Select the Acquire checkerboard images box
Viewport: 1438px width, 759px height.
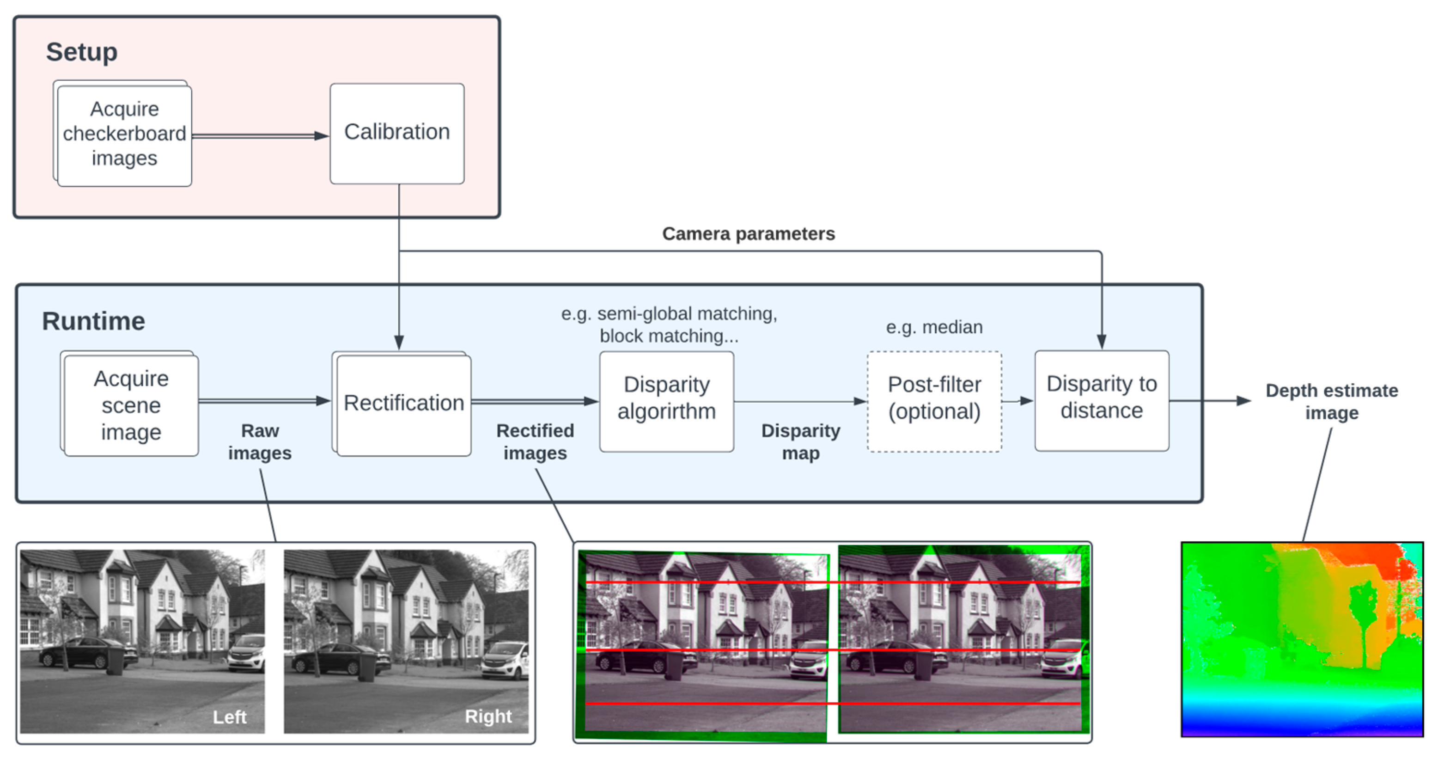[x=124, y=134]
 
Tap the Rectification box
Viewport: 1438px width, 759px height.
[x=403, y=403]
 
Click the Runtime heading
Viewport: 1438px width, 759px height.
[x=93, y=321]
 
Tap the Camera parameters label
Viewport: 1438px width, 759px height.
[x=748, y=233]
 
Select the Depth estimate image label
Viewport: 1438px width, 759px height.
[x=1331, y=401]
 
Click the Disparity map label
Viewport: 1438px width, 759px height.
[x=800, y=441]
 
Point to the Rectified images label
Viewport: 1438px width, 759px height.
[x=535, y=441]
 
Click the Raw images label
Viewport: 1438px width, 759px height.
[x=260, y=441]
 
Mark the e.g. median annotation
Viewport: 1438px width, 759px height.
[x=934, y=327]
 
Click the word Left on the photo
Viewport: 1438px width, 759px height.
[x=230, y=716]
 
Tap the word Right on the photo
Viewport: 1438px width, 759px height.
[x=488, y=716]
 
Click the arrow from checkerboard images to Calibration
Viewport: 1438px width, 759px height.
[x=260, y=136]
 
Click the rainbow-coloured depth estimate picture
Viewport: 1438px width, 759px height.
[x=1302, y=639]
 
